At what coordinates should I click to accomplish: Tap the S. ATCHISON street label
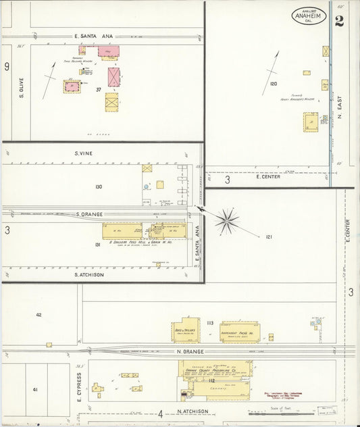coord(87,274)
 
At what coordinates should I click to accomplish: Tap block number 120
coord(273,84)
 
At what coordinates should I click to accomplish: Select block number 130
coord(99,186)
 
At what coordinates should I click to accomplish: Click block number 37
coord(99,89)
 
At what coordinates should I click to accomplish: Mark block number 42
coord(38,314)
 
